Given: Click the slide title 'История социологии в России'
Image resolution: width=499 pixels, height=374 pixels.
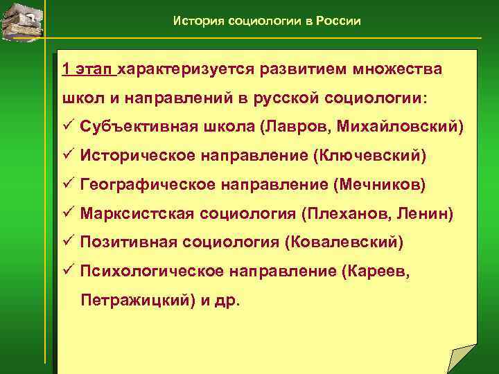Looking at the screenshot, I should (267, 21).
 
